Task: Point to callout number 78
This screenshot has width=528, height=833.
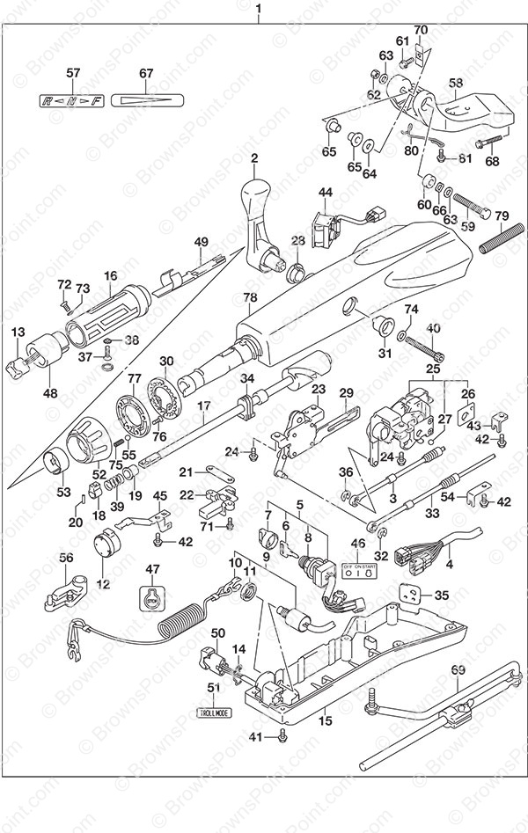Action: (250, 298)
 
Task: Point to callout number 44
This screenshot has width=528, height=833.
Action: (325, 192)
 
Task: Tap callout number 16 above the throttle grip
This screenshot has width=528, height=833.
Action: (109, 275)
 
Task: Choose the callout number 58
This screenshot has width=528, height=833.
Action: (456, 83)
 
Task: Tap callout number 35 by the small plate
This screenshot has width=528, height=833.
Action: (442, 595)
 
